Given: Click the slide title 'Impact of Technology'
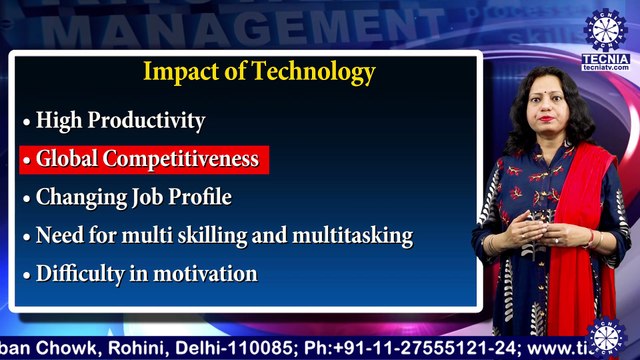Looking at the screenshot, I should click(x=259, y=72).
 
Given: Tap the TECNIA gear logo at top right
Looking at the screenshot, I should click(x=606, y=29).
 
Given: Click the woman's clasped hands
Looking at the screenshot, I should click(x=530, y=232).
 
